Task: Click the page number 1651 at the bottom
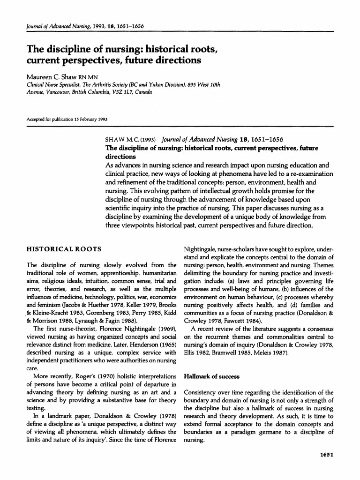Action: pos(324,454)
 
